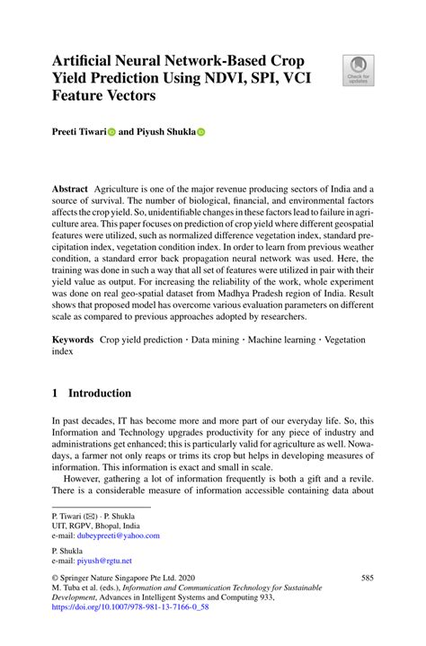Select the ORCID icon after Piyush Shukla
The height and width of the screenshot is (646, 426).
tap(200, 131)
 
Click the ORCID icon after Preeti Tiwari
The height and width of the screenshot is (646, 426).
tap(111, 131)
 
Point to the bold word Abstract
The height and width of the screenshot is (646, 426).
tap(68, 190)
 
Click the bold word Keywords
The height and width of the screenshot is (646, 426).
tap(73, 341)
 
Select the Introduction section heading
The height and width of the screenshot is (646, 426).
tap(99, 393)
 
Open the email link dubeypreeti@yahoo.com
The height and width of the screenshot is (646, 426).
tap(123, 535)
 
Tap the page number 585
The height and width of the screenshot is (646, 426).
tap(367, 580)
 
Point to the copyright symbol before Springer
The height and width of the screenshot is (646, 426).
tap(55, 580)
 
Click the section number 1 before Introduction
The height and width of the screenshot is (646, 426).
tap(55, 393)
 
